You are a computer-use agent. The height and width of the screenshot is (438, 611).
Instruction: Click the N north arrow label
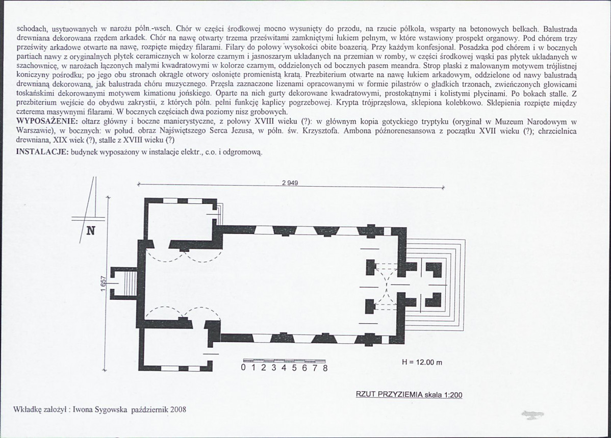click(x=90, y=230)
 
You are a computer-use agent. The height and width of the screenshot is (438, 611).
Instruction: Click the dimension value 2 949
click(x=290, y=183)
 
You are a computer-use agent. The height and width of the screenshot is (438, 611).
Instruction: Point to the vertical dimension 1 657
click(x=103, y=284)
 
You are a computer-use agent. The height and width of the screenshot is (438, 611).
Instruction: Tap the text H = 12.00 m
click(x=422, y=363)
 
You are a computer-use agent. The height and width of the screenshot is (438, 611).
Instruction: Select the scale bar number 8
click(x=325, y=368)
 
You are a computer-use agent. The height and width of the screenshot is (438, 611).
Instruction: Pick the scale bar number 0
click(x=244, y=368)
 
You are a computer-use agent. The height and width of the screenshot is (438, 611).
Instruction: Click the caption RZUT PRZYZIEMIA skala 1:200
click(x=409, y=395)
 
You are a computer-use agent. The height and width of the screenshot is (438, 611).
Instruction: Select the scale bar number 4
click(x=284, y=368)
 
